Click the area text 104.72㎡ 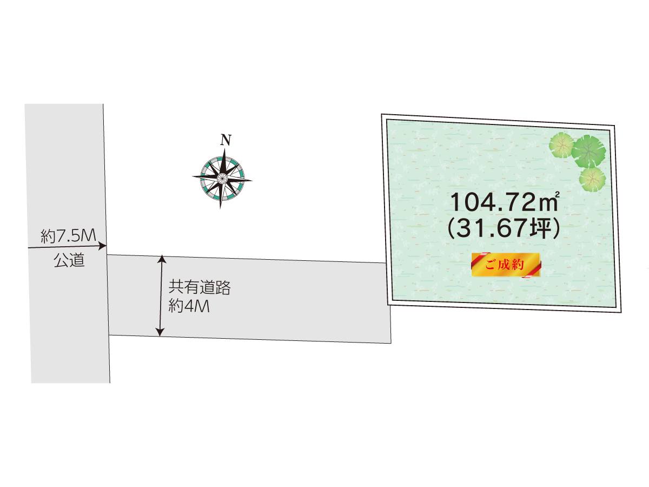pyautogui.click(x=503, y=203)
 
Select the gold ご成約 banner pyautogui.click(x=506, y=265)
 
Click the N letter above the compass pyautogui.click(x=226, y=140)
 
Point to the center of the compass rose pyautogui.click(x=222, y=177)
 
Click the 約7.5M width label pyautogui.click(x=68, y=236)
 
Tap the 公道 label pyautogui.click(x=69, y=260)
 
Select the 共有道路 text pyautogui.click(x=200, y=287)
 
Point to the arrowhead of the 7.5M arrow pyautogui.click(x=103, y=246)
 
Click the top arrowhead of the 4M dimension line pyautogui.click(x=161, y=260)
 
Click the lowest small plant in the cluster pyautogui.click(x=592, y=178)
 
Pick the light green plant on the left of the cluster pyautogui.click(x=561, y=145)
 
